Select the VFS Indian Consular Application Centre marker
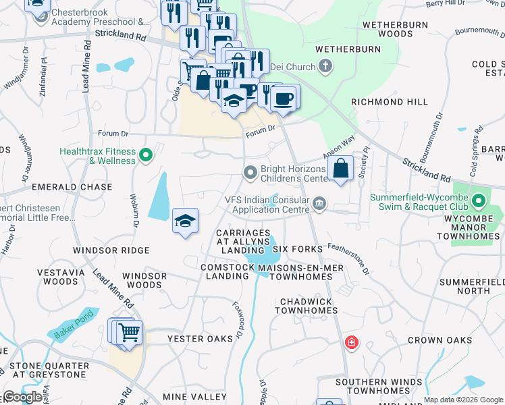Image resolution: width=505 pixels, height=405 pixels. point(319,203)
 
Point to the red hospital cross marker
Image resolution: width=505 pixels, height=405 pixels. point(351,343)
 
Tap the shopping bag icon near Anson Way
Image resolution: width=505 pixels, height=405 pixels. point(342,169)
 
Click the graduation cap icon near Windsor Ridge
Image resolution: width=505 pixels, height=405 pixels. point(185,221)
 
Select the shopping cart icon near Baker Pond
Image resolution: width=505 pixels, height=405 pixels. point(128,333)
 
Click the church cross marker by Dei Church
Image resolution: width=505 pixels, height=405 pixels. point(325,66)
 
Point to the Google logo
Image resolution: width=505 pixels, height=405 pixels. point(22,397)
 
